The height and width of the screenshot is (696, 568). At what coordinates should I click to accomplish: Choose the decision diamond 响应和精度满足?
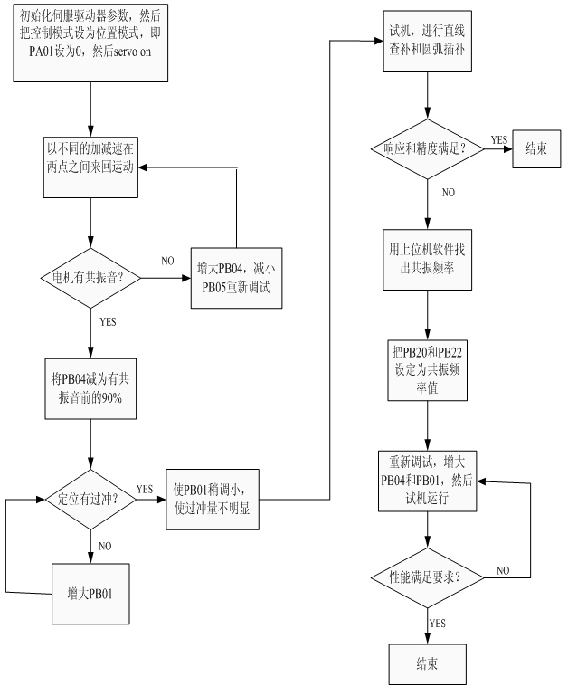(x=426, y=148)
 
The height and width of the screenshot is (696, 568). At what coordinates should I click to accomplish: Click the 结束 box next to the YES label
(x=536, y=148)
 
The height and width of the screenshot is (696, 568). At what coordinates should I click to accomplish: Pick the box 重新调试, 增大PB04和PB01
(x=426, y=482)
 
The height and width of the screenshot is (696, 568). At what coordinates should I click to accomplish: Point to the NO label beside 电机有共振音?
(x=167, y=261)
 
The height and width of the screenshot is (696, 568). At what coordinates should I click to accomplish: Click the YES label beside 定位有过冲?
(x=145, y=490)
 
